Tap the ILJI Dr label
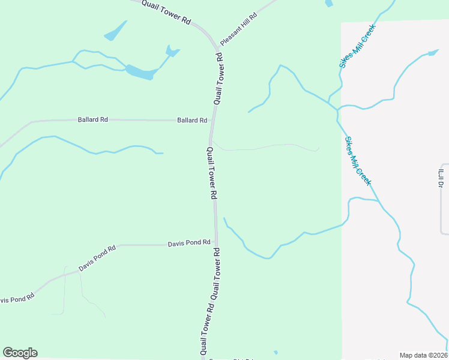click(440, 178)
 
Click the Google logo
click(20, 353)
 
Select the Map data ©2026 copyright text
click(423, 355)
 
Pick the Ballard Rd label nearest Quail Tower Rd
click(192, 121)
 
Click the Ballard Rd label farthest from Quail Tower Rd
click(92, 120)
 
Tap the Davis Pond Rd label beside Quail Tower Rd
click(189, 243)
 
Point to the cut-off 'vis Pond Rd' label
click(17, 298)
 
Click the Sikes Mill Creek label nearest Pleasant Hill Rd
click(357, 46)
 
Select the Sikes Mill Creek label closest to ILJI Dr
click(358, 161)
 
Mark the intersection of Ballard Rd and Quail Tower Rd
click(212, 121)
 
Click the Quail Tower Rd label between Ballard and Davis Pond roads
click(211, 173)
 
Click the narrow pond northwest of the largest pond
click(116, 31)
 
